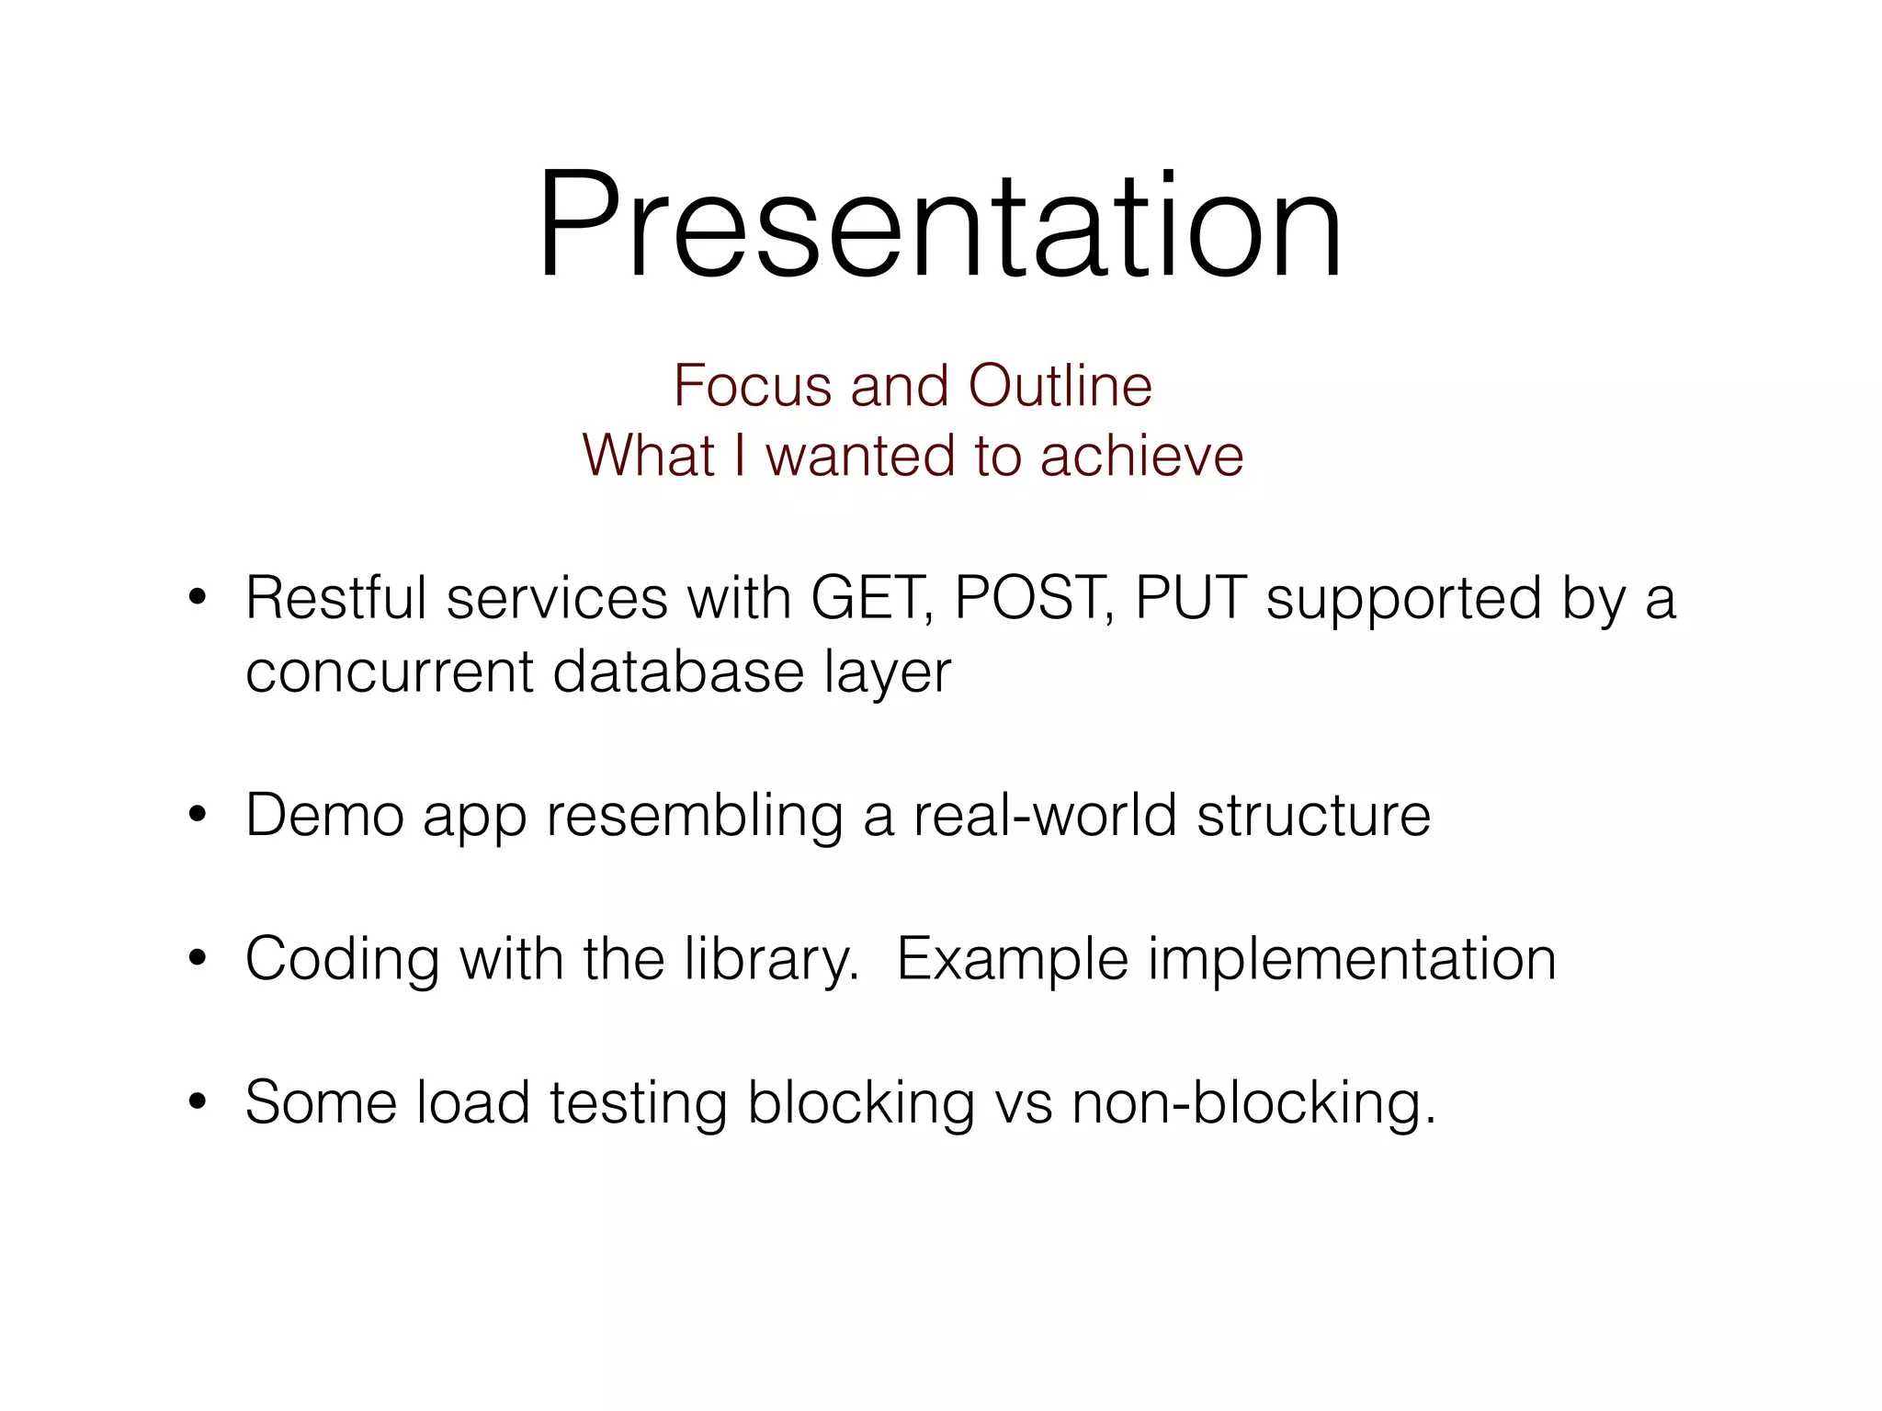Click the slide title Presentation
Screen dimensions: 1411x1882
coord(939,225)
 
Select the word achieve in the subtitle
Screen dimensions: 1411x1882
coord(1141,456)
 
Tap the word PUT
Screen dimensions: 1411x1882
coord(1191,599)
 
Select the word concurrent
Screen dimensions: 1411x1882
coord(390,672)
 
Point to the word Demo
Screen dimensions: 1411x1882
coord(324,815)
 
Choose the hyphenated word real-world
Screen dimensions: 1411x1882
coord(1045,815)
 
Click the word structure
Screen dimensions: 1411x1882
coord(1313,815)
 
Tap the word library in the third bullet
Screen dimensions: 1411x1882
coord(770,960)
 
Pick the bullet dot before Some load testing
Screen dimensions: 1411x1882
coord(197,1103)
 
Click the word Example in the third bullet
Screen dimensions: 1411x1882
coord(1012,960)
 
